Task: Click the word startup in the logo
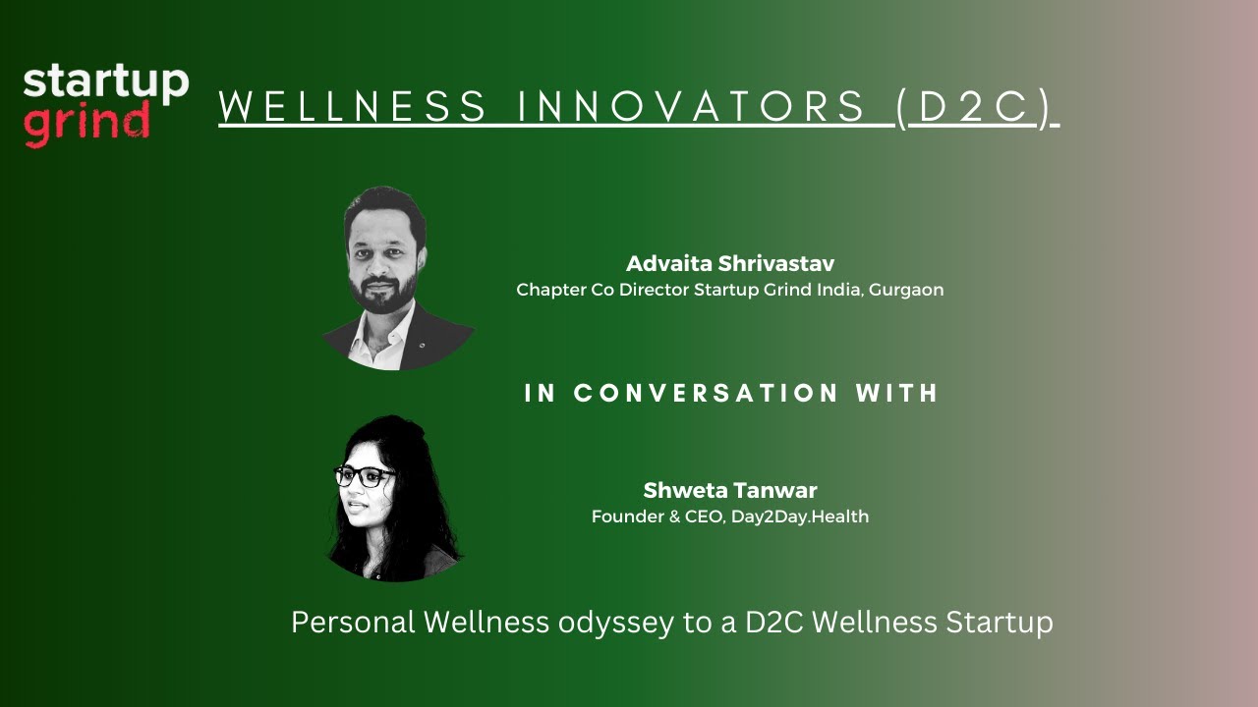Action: coord(105,82)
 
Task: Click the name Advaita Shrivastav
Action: coord(729,264)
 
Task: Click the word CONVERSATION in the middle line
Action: coord(706,394)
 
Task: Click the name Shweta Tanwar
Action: coord(729,490)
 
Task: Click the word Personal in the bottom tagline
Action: coord(354,623)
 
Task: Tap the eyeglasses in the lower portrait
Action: coord(366,476)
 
